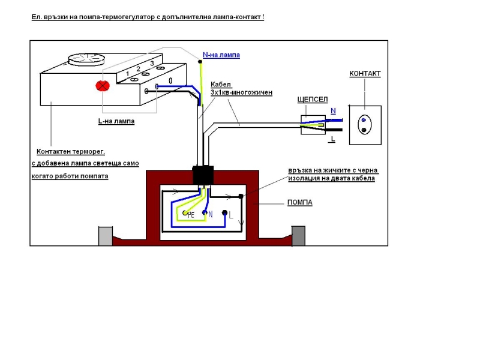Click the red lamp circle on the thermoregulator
point(103,85)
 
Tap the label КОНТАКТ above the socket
point(365,74)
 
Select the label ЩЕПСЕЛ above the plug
point(313,100)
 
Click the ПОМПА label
point(299,203)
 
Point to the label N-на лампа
point(221,55)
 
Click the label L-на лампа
point(116,121)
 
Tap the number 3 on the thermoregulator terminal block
point(152,63)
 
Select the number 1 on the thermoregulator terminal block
point(127,73)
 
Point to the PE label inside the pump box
point(191,214)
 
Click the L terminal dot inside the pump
point(225,213)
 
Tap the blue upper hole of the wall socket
point(363,119)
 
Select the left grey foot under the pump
point(105,236)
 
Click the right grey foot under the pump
point(298,236)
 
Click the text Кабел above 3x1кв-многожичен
point(221,85)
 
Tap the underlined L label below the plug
point(331,139)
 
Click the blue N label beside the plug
point(333,111)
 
